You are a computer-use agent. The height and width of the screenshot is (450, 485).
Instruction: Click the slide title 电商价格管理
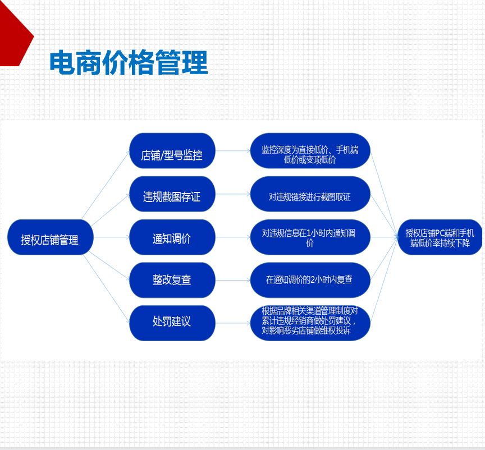[x=129, y=62]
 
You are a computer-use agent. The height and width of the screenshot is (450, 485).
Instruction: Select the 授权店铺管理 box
[x=50, y=237]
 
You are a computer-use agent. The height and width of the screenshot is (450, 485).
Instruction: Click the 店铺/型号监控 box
[x=172, y=150]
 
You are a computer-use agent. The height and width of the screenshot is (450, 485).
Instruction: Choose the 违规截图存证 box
[x=172, y=194]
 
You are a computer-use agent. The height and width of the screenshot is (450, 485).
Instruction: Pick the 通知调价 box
[x=172, y=237]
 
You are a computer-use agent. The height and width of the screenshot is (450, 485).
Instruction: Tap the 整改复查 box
[x=172, y=280]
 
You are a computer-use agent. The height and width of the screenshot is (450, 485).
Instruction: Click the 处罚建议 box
[x=172, y=323]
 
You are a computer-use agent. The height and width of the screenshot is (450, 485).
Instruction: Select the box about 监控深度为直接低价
[x=310, y=150]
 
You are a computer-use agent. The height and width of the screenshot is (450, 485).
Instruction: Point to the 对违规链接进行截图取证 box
[x=310, y=194]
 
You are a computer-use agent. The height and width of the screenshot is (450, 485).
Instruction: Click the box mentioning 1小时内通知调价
[x=310, y=237]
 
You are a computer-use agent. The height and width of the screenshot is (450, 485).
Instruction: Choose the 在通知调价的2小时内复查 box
[x=310, y=280]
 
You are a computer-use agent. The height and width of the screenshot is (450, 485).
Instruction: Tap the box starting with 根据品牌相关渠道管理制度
[x=310, y=323]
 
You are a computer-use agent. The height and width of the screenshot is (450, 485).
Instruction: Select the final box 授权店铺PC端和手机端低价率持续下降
[x=440, y=237]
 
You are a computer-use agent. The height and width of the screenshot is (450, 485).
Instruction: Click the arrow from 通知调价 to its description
[x=232, y=237]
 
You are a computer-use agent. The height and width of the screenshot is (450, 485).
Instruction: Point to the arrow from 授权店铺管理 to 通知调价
[x=111, y=237]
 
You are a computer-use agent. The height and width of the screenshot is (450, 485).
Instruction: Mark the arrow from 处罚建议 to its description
[x=232, y=323]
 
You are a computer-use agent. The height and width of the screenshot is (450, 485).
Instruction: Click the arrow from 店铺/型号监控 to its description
[x=232, y=150]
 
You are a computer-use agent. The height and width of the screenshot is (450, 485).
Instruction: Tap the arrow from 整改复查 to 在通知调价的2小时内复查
[x=232, y=280]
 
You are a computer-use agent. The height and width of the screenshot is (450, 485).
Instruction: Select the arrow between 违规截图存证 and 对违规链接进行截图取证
[x=232, y=194]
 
